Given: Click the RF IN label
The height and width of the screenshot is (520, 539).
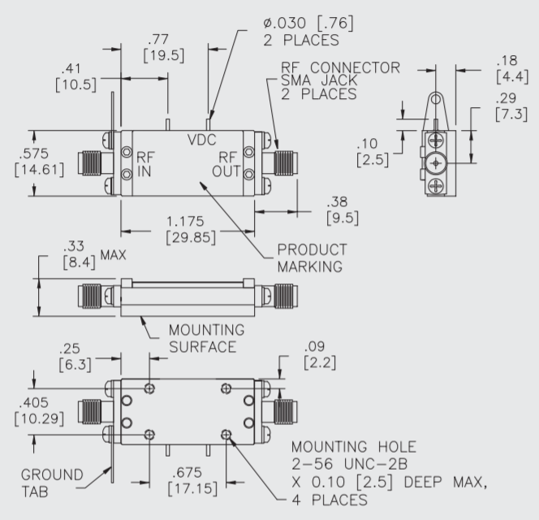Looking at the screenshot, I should coord(144,163).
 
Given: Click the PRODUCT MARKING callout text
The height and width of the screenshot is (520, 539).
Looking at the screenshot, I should coord(312,258).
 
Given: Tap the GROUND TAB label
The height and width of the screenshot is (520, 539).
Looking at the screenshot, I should coord(53,482).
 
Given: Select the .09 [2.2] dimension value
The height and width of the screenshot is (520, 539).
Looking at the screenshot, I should coord(317,354).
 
